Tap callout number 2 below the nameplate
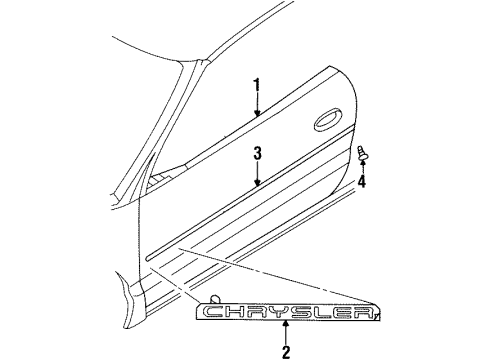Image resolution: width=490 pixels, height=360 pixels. tap(286, 351)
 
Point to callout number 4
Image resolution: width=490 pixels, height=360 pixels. tap(363, 182)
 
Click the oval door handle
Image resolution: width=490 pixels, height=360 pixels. tap(329, 123)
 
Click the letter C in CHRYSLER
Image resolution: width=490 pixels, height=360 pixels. tap(213, 314)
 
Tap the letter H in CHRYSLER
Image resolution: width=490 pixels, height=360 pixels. tap(236, 314)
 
